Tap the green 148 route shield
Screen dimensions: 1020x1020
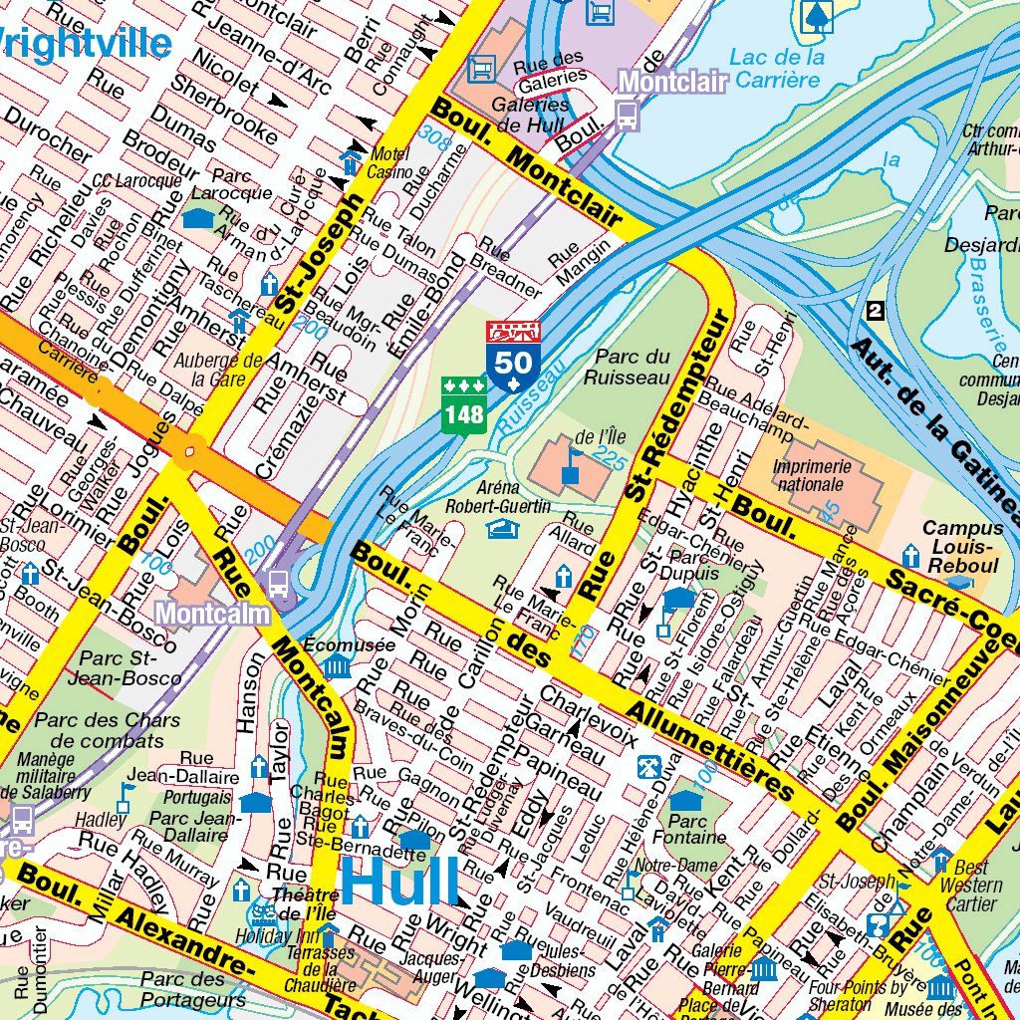click(x=463, y=405)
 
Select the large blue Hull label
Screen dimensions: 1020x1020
click(x=400, y=882)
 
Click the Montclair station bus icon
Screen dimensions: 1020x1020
click(x=627, y=115)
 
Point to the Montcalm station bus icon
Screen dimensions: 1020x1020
click(x=279, y=583)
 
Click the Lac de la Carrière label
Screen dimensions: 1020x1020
click(x=777, y=68)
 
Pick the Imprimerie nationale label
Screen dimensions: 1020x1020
click(x=811, y=475)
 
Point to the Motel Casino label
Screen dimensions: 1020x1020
click(x=388, y=163)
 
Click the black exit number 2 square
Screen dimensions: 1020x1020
click(x=876, y=310)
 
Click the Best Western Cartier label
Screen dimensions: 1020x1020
click(x=972, y=886)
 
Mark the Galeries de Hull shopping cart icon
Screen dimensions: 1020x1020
click(x=482, y=67)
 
